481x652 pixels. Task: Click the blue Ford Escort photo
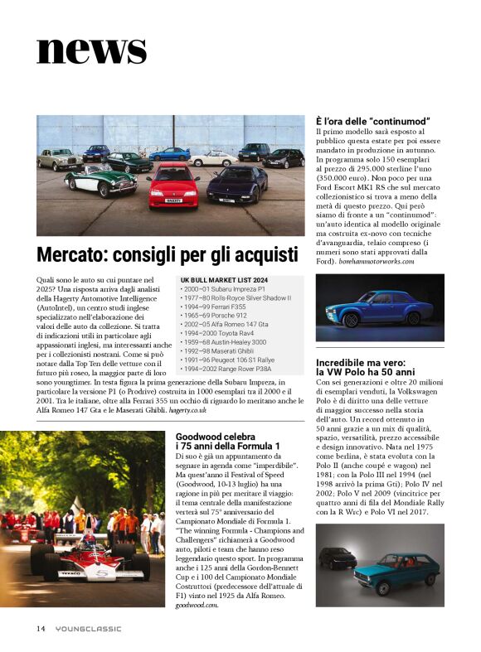pyautogui.click(x=379, y=307)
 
